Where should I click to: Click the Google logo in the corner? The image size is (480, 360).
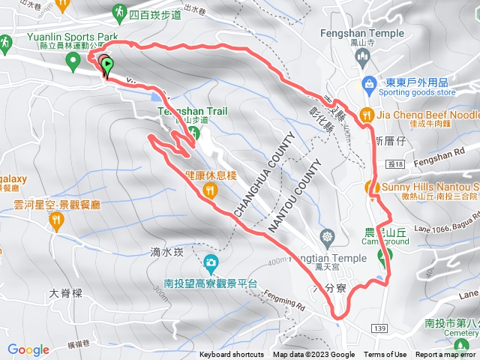point(28,349)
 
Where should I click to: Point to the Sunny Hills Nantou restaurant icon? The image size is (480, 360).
point(370,187)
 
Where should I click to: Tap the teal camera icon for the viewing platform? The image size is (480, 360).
point(211,263)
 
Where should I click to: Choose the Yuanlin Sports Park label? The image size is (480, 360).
point(61,36)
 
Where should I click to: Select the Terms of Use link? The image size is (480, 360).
point(385,355)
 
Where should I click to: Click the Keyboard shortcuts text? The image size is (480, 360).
point(232,355)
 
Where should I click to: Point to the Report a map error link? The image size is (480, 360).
point(446,355)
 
